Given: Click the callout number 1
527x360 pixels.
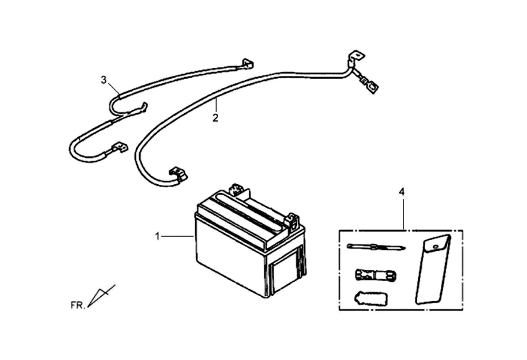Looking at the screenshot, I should coord(158,237).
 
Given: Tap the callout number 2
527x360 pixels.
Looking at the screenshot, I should coord(215,117).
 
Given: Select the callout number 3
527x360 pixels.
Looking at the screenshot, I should coord(104,79).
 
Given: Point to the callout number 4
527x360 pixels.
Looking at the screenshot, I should coord(402,192).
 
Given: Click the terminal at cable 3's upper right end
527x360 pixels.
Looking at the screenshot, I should coord(247,62).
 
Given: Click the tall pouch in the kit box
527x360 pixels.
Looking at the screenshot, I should coord(432,269).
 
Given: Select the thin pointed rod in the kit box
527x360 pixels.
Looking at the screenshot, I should coord(375,246).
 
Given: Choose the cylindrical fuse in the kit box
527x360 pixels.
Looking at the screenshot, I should coord(374,275).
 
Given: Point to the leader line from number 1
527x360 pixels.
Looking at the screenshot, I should coord(178,237).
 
